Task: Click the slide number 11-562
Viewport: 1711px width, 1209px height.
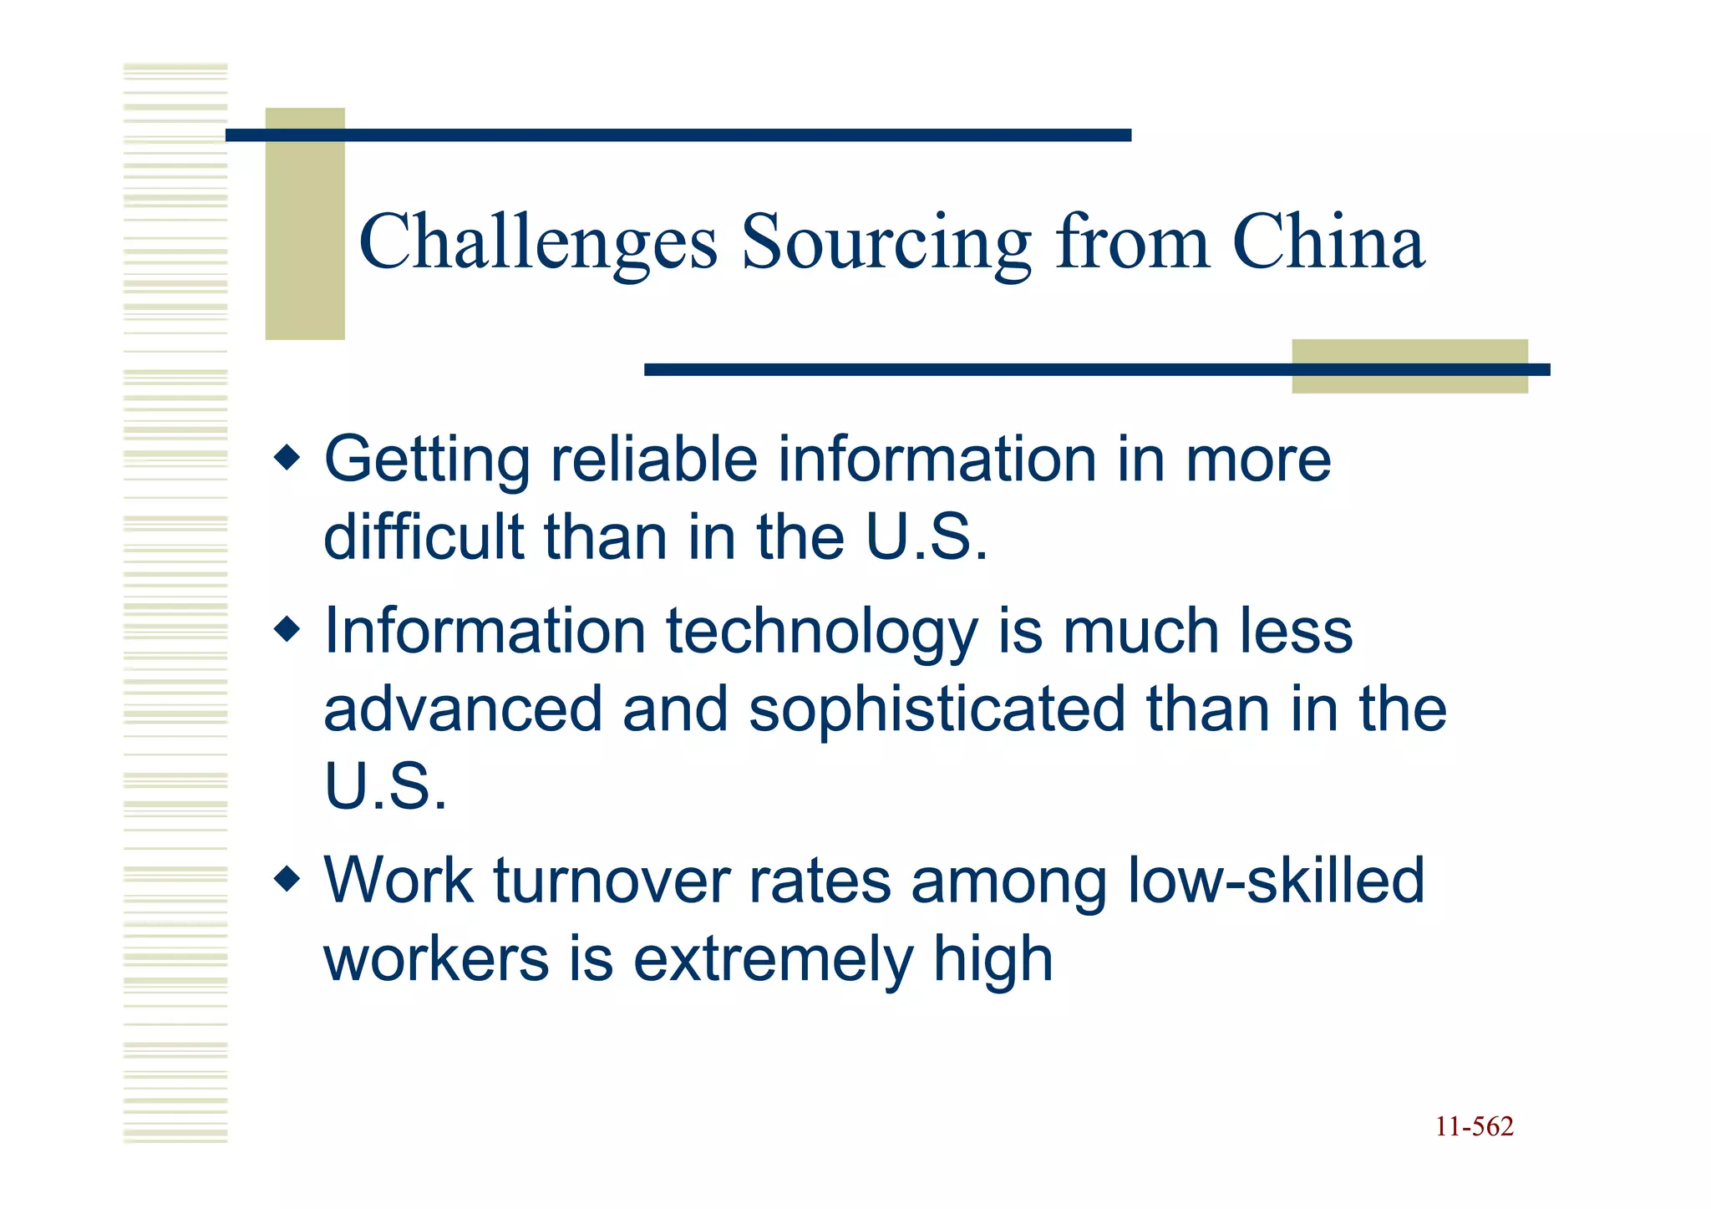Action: click(1474, 1127)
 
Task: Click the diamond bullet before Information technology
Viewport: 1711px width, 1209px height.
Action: click(287, 629)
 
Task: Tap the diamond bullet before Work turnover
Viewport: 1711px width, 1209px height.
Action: click(287, 879)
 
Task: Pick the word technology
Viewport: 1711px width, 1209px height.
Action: click(821, 632)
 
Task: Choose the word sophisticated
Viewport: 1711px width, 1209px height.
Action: click(937, 709)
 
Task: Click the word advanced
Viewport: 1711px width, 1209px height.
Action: click(463, 709)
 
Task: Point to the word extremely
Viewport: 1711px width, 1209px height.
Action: click(773, 960)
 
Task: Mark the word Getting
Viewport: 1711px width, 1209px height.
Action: click(427, 461)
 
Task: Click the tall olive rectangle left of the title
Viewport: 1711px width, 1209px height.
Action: click(305, 223)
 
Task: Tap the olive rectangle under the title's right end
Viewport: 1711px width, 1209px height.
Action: click(1409, 367)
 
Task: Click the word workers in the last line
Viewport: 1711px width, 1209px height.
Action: click(436, 960)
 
